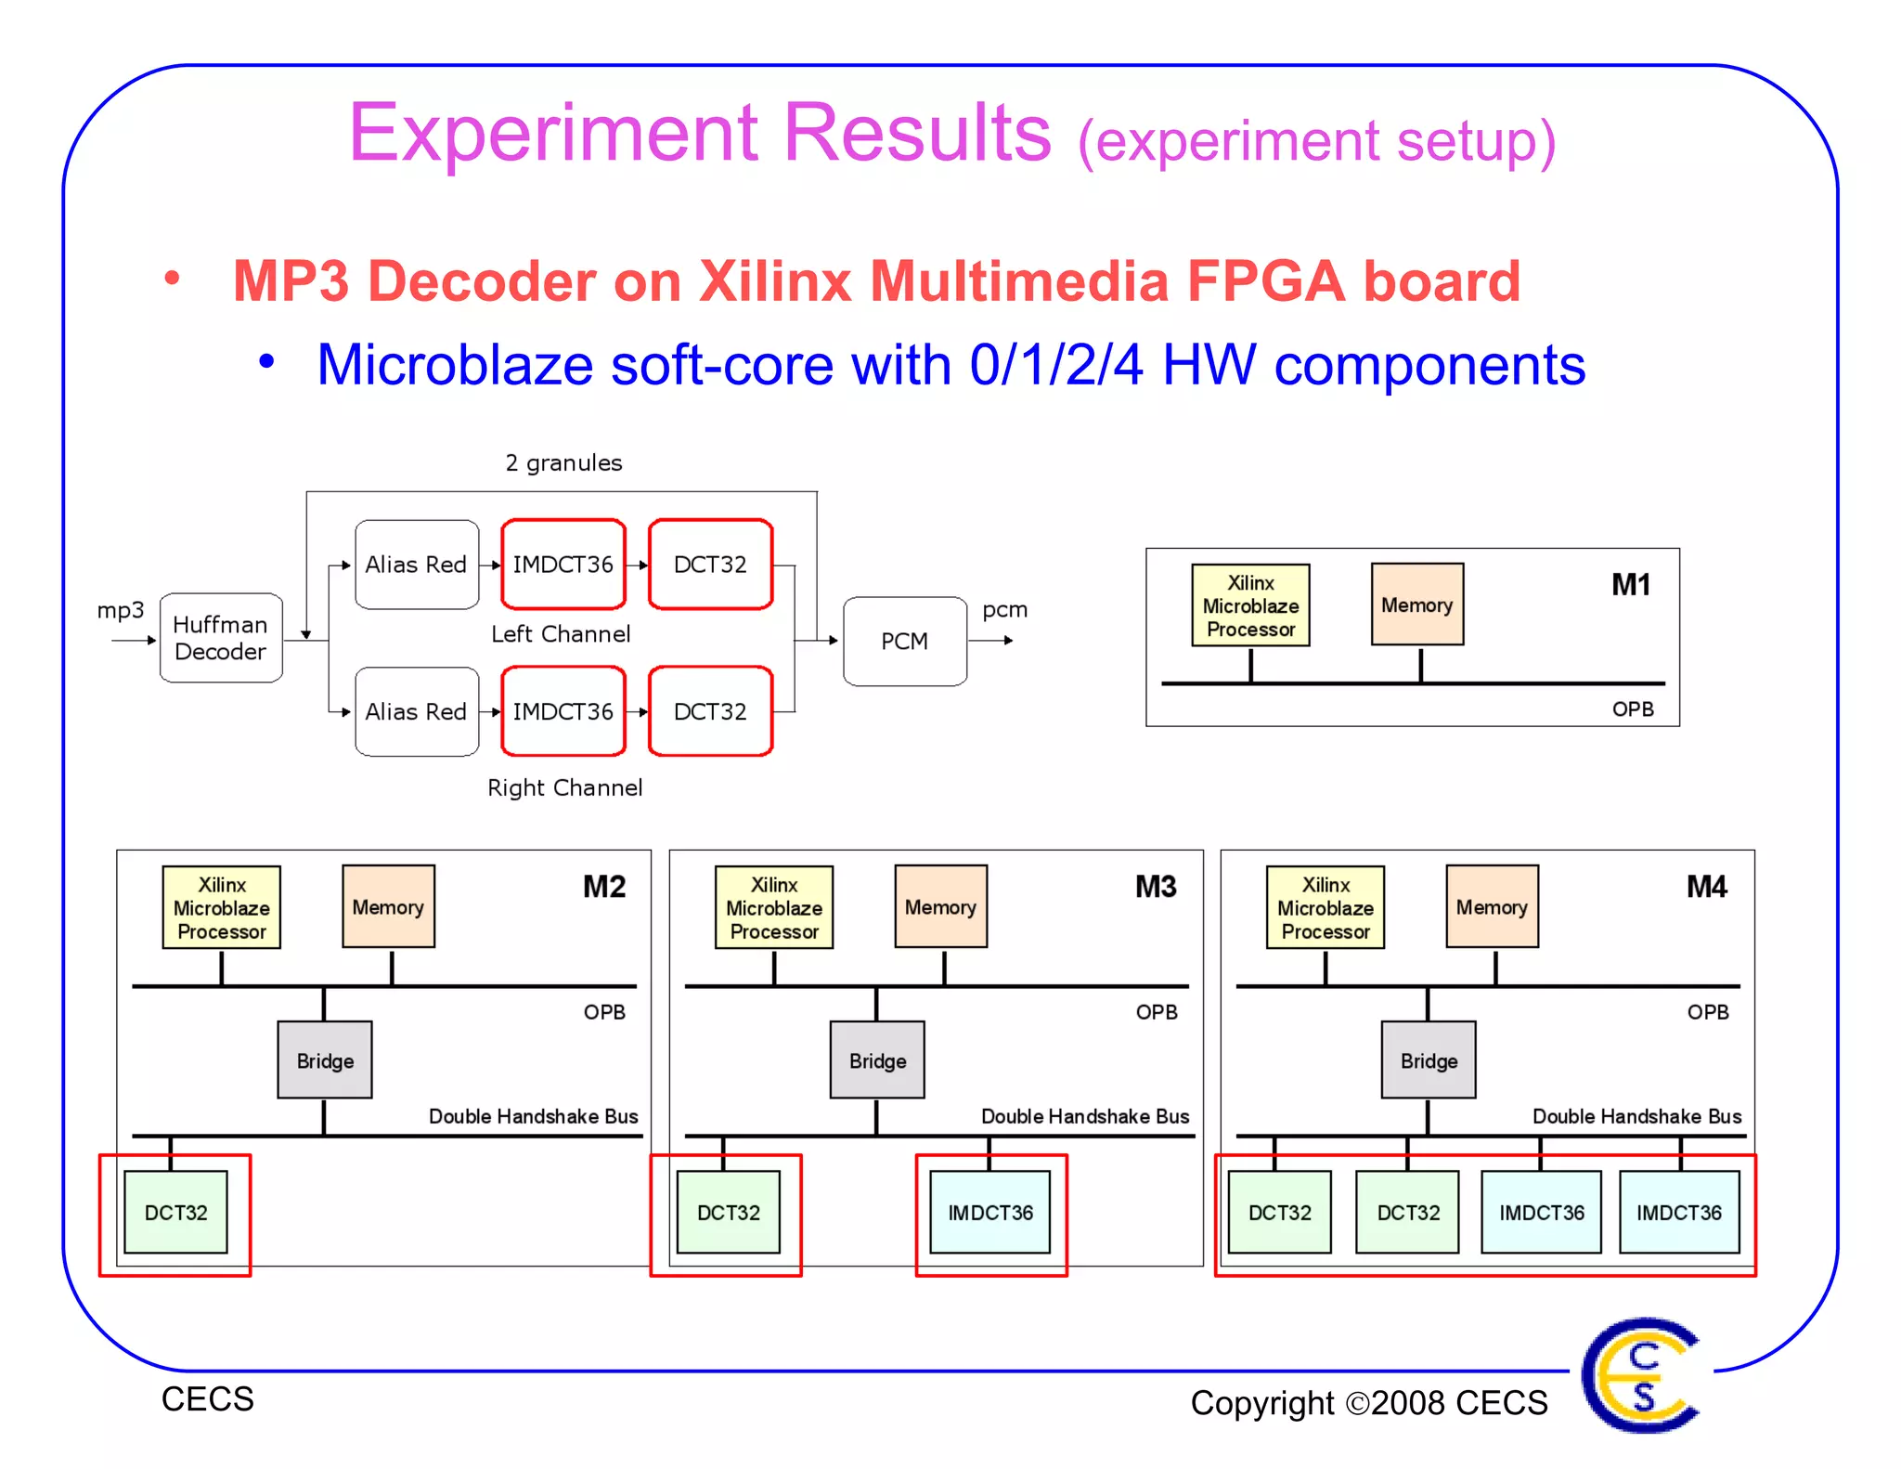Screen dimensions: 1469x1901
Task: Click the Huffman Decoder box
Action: pos(221,638)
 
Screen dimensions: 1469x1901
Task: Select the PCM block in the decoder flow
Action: pos(904,641)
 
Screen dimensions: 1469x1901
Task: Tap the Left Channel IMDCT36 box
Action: pos(563,565)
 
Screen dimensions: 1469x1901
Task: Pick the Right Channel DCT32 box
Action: pos(710,711)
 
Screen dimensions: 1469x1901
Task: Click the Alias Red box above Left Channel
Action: pos(416,565)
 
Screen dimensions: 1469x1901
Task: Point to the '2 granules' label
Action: pos(563,462)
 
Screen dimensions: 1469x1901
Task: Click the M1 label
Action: pos(1631,585)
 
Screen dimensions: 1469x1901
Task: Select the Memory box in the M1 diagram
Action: pos(1416,604)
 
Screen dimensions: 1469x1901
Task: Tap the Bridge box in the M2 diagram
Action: pos(325,1060)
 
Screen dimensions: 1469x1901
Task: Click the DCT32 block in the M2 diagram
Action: pos(175,1212)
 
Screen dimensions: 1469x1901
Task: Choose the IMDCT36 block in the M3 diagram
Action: pos(989,1212)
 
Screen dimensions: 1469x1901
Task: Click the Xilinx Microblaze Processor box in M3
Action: pos(774,907)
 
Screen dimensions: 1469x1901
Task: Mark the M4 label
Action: pos(1706,887)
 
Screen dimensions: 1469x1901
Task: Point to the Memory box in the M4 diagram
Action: pos(1492,906)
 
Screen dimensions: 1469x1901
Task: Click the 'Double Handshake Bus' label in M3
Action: pos(1085,1116)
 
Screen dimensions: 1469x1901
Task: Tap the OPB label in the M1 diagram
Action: pos(1633,709)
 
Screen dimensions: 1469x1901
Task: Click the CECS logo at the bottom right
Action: pos(1641,1374)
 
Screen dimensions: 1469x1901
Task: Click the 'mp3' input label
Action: pos(121,610)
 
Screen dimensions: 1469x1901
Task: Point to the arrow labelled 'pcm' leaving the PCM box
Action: pos(992,640)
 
